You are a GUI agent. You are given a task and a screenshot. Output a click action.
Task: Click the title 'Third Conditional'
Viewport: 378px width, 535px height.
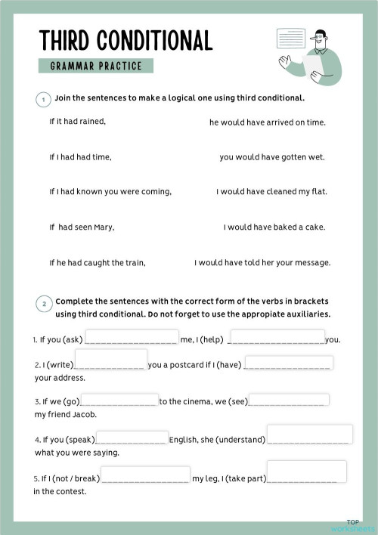point(125,39)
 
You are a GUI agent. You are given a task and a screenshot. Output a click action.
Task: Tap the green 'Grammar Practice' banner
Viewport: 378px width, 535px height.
point(96,66)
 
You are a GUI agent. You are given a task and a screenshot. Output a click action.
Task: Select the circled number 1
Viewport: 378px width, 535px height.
point(43,99)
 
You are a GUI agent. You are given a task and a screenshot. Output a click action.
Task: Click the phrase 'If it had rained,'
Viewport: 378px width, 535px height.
point(78,121)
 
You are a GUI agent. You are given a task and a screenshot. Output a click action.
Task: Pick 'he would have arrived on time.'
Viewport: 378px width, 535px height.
point(268,122)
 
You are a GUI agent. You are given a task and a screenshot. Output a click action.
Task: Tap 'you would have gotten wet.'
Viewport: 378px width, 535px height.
point(272,157)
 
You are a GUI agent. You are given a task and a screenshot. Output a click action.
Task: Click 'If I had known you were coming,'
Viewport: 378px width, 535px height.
point(110,191)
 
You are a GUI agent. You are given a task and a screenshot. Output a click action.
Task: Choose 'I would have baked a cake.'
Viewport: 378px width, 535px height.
point(274,227)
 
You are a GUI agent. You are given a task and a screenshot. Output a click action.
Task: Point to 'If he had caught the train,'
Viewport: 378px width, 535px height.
point(98,263)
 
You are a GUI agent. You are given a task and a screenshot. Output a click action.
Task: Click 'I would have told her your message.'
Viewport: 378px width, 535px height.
point(262,263)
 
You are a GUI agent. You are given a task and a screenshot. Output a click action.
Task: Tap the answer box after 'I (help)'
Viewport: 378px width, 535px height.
point(277,337)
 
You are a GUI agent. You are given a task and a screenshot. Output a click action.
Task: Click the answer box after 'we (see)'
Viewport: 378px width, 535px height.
point(289,400)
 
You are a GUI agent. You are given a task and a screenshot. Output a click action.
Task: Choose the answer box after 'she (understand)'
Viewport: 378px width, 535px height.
point(309,434)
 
